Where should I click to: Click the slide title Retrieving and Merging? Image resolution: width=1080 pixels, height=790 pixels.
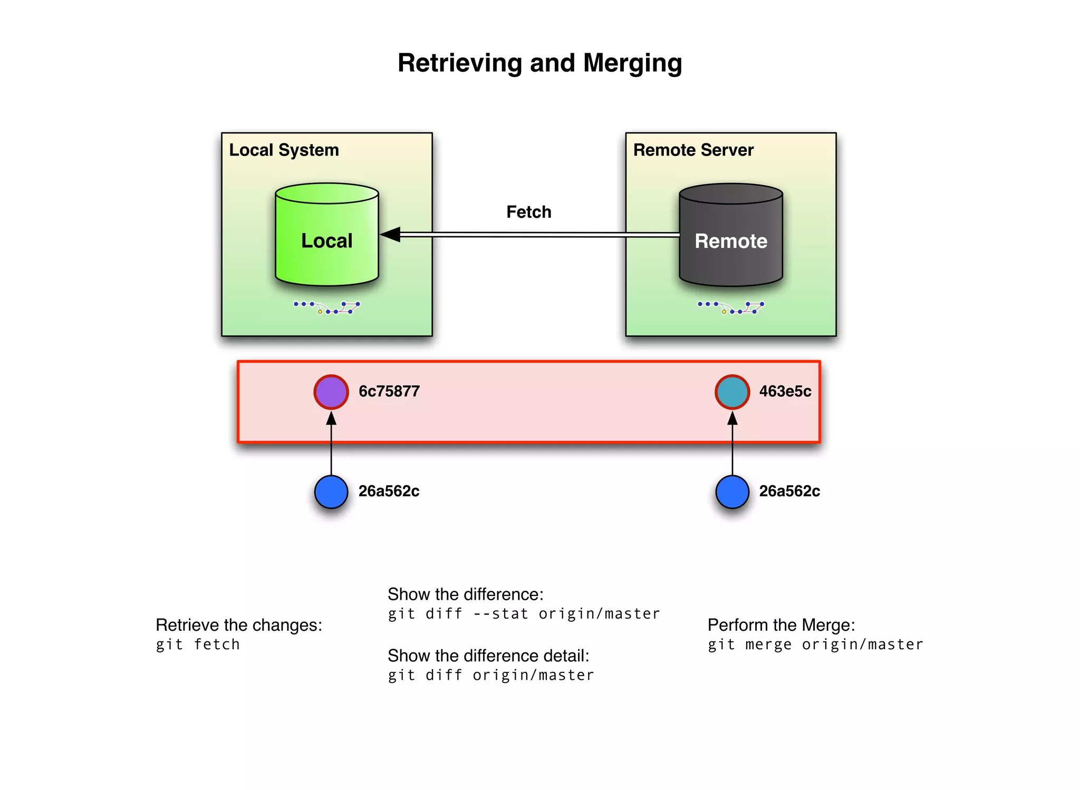pyautogui.click(x=539, y=63)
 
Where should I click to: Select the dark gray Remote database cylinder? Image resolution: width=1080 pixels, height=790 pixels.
pyautogui.click(x=730, y=240)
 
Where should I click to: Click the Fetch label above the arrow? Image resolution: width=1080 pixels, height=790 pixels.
pyautogui.click(x=528, y=212)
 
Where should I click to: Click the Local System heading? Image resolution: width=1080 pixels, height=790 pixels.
pyautogui.click(x=284, y=150)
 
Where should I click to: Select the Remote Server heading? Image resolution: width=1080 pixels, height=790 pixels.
pyautogui.click(x=693, y=150)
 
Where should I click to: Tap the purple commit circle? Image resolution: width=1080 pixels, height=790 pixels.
pyautogui.click(x=331, y=392)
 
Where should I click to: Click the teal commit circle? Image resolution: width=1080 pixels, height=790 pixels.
pyautogui.click(x=732, y=392)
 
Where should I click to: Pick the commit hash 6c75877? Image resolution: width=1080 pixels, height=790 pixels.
pyautogui.click(x=389, y=391)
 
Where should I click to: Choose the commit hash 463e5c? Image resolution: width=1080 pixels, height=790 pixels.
pyautogui.click(x=785, y=391)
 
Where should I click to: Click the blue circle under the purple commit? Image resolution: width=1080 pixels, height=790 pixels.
pyautogui.click(x=331, y=492)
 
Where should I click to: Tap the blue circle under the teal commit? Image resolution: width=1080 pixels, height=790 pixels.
pyautogui.click(x=732, y=492)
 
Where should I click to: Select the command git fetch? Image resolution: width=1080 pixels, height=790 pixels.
pyautogui.click(x=198, y=644)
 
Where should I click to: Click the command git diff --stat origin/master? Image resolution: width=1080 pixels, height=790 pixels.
pyautogui.click(x=524, y=614)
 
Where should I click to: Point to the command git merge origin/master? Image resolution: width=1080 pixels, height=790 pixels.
pyautogui.click(x=815, y=644)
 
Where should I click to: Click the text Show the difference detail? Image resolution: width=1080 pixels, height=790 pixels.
pyautogui.click(x=488, y=656)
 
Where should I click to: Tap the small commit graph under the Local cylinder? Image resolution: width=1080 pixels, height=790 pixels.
pyautogui.click(x=327, y=307)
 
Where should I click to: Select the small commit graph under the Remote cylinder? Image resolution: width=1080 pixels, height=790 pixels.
pyautogui.click(x=731, y=307)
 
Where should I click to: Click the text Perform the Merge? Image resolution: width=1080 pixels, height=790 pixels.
pyautogui.click(x=781, y=625)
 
